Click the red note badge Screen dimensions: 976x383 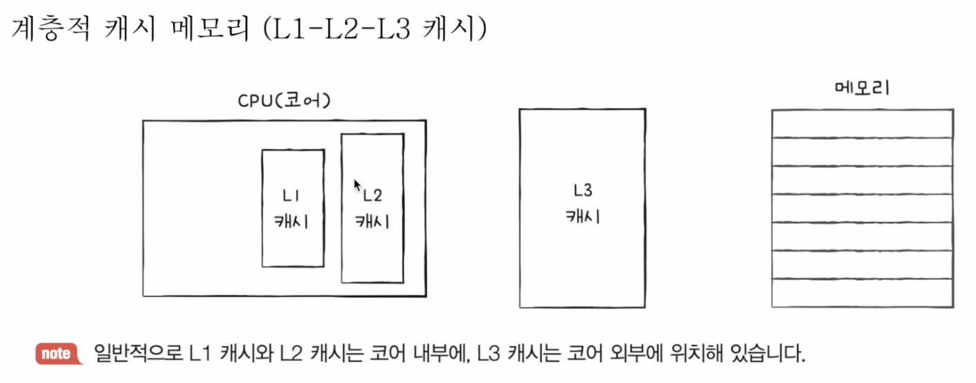[56, 354]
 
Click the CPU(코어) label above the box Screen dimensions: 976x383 [284, 102]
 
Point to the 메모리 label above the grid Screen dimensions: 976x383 [862, 89]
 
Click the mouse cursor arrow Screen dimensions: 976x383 [357, 185]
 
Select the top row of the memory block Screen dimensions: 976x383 [862, 124]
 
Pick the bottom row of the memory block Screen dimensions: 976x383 [862, 292]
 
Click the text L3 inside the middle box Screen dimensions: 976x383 [583, 191]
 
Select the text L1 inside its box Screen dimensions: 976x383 [292, 196]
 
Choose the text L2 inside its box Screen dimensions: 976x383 [373, 196]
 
